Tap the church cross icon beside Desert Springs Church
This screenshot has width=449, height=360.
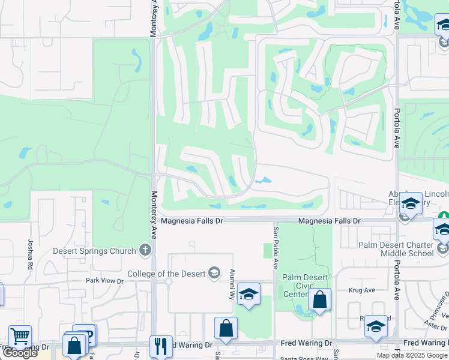[145, 250]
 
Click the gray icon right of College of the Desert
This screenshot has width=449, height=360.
[214, 274]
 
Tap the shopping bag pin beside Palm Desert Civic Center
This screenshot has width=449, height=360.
[320, 300]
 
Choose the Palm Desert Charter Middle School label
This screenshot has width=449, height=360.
[396, 249]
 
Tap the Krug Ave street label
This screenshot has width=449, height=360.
[361, 290]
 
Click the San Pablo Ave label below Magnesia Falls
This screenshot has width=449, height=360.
[276, 247]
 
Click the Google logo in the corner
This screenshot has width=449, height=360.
[20, 353]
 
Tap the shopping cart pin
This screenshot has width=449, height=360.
[20, 336]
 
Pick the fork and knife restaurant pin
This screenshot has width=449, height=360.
[161, 346]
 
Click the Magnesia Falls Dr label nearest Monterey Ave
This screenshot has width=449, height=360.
[191, 221]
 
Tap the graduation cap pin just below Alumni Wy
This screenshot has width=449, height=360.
[249, 295]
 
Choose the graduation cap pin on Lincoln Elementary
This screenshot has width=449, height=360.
[411, 203]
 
